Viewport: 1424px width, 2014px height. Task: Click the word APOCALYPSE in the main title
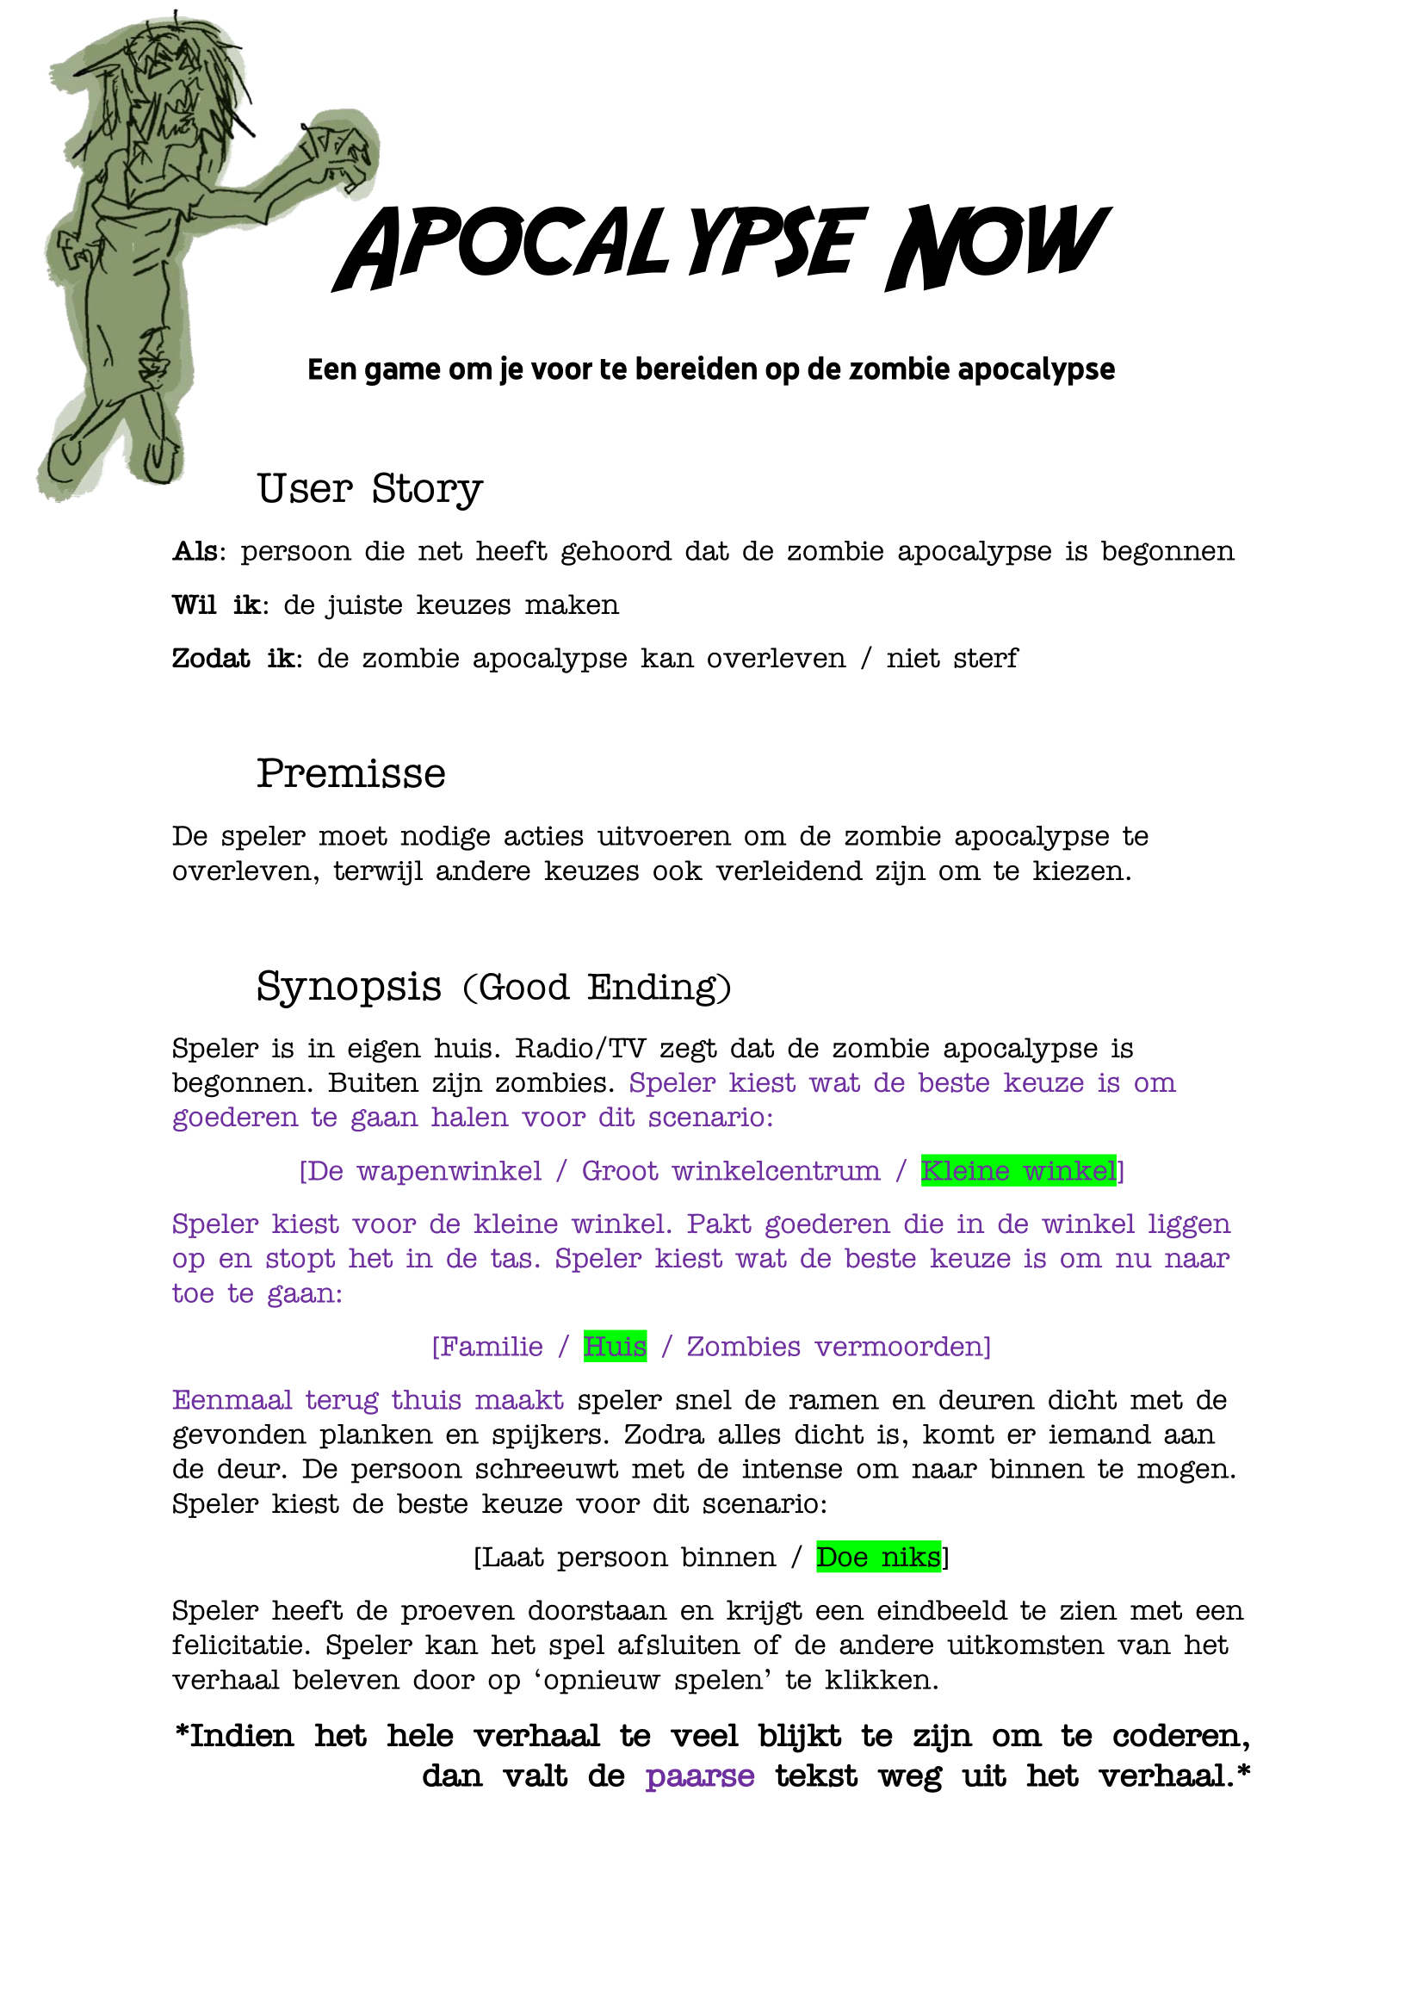600,247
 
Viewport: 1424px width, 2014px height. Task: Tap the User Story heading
369,488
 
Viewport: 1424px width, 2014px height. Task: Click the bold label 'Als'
195,552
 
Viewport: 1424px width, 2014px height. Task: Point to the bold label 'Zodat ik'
233,659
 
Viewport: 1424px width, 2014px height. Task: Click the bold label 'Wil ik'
216,605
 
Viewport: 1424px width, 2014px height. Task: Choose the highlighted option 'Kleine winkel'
1018,1171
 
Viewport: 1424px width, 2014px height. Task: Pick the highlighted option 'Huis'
615,1347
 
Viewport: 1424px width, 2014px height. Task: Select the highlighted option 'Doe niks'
877,1557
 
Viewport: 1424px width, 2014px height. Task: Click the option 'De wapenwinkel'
424,1171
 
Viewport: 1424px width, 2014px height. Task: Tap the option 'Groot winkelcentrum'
730,1171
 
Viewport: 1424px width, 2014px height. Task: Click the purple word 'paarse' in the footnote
700,1776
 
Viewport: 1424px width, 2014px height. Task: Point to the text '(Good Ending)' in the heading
597,988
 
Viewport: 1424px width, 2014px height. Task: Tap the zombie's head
171,75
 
